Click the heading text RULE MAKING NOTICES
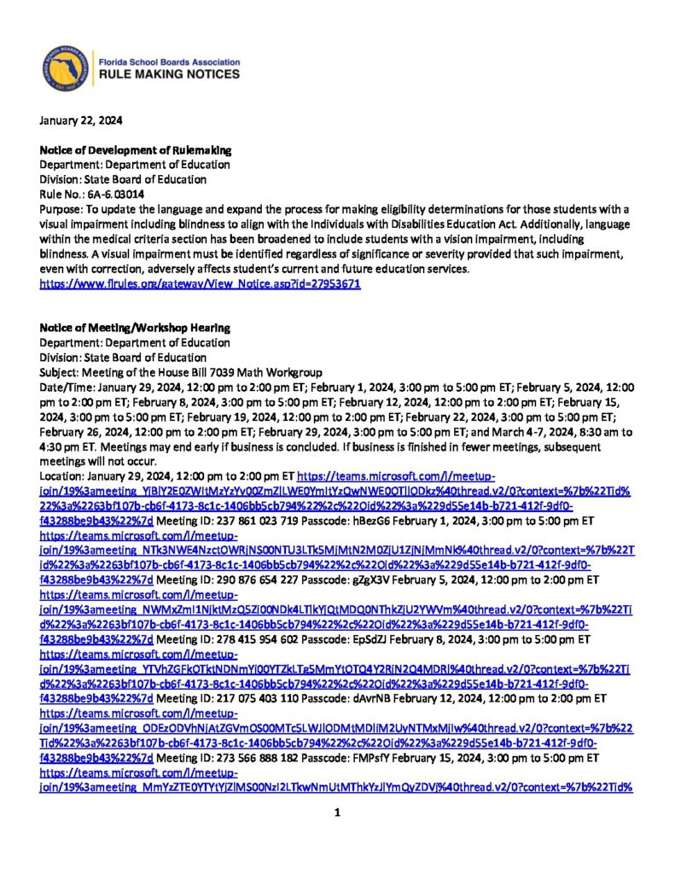pyautogui.click(x=170, y=75)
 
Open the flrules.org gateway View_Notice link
pyautogui.click(x=201, y=283)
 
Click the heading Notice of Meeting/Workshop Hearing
pyautogui.click(x=135, y=329)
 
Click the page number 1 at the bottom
pyautogui.click(x=337, y=812)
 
